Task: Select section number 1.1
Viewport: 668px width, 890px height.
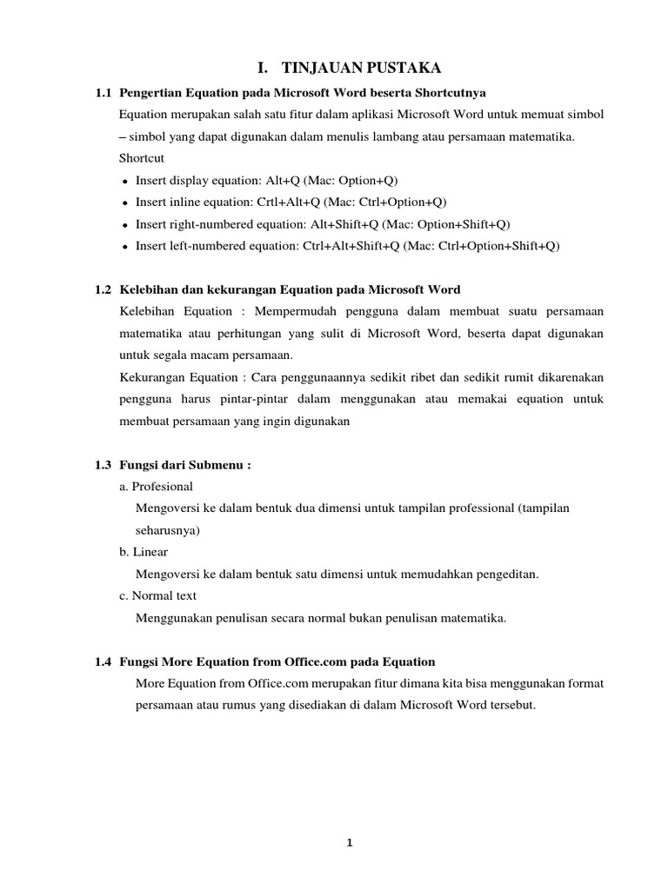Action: click(104, 91)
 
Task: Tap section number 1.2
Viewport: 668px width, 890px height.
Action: click(104, 289)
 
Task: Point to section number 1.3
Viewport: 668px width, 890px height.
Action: click(104, 465)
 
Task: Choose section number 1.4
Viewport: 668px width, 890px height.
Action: click(104, 661)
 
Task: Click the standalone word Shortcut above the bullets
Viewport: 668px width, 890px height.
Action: click(142, 158)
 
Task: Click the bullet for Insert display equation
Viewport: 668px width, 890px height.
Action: click(126, 181)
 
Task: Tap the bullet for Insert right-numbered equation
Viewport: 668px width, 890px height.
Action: click(126, 224)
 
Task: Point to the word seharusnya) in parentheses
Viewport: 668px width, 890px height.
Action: click(168, 529)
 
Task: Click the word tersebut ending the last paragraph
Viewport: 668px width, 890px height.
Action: click(510, 705)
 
